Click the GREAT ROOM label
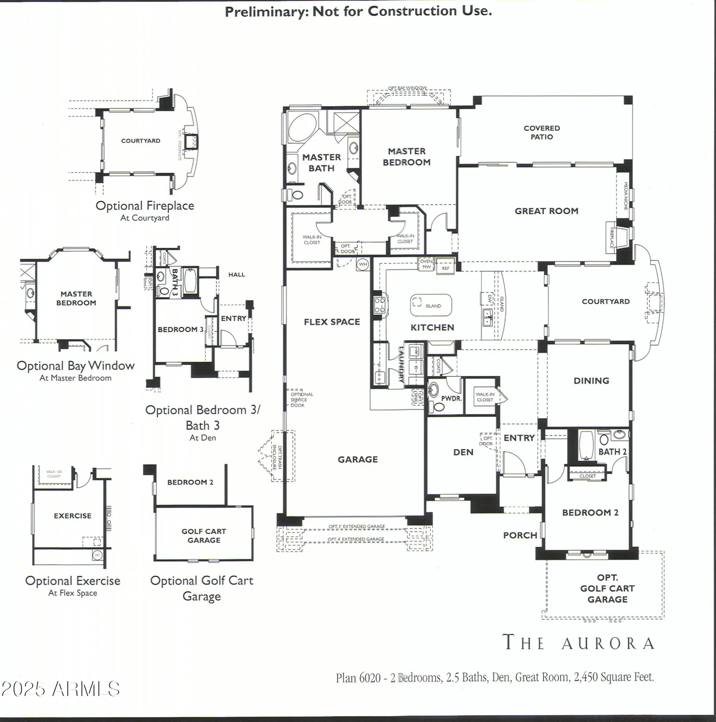point(546,211)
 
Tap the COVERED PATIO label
point(541,132)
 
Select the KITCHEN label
point(432,327)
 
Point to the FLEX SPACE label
point(332,322)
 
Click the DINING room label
point(591,381)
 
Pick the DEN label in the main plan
point(463,452)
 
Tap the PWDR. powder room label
point(451,399)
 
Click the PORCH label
point(520,535)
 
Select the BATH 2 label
point(612,452)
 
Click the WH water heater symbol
point(363,264)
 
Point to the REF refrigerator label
point(446,268)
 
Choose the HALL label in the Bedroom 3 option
point(237,275)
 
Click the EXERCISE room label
point(73,516)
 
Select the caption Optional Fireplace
point(145,206)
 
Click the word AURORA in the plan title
point(608,644)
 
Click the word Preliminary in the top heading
point(267,12)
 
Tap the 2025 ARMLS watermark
point(60,689)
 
